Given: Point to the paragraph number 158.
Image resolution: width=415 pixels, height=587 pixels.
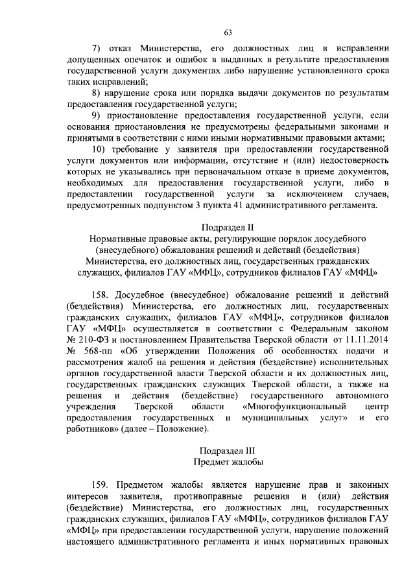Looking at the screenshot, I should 103,293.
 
